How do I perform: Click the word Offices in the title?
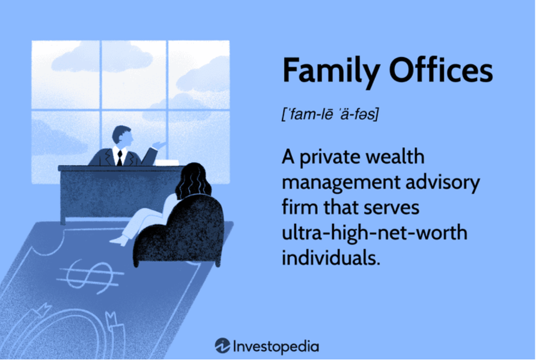(441, 70)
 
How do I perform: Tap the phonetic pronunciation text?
(330, 114)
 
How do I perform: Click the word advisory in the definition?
(442, 182)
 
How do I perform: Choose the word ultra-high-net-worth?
(374, 233)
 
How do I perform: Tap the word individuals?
(331, 258)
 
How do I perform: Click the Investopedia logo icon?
(223, 346)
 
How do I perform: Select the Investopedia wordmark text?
(276, 347)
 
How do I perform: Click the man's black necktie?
(119, 158)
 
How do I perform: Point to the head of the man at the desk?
(122, 136)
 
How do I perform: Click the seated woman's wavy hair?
(193, 181)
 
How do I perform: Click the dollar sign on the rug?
(90, 276)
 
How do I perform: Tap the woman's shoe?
(118, 241)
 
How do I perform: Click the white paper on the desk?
(167, 163)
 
